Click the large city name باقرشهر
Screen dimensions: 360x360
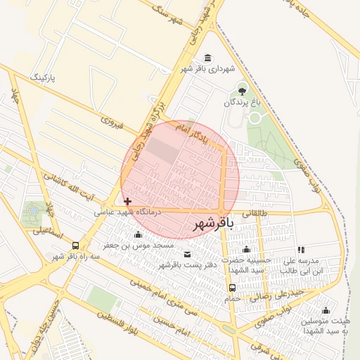pos(211,224)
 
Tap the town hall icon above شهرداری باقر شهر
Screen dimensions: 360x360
pos(207,58)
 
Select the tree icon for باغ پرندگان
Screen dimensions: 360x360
pos(243,90)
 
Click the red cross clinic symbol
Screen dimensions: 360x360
pos(127,201)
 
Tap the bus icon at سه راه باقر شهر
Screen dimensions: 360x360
pos(75,245)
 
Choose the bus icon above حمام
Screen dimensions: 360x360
pos(231,288)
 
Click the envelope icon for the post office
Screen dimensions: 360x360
pos(187,255)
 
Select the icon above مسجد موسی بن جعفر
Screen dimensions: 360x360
pos(138,235)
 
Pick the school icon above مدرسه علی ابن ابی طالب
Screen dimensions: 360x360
pos(301,250)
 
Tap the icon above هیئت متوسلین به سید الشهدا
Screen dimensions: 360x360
pos(325,310)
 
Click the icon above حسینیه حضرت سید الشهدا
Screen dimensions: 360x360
pos(246,250)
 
